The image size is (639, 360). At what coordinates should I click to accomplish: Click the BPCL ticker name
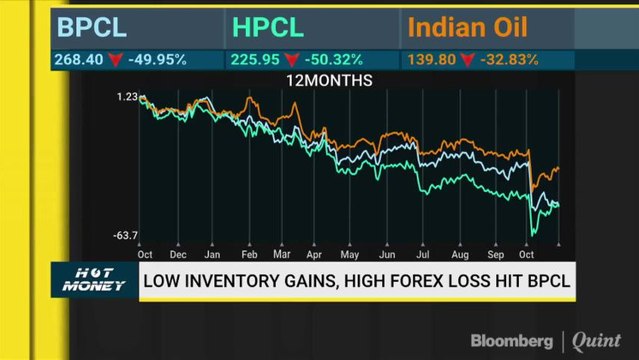93,27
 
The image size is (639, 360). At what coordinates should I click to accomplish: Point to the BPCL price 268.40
78,59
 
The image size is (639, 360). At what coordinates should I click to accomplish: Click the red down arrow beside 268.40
115,60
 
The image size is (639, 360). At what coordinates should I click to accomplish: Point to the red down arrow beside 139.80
463,60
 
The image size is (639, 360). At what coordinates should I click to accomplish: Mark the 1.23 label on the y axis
126,96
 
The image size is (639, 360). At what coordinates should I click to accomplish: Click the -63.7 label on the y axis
125,235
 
